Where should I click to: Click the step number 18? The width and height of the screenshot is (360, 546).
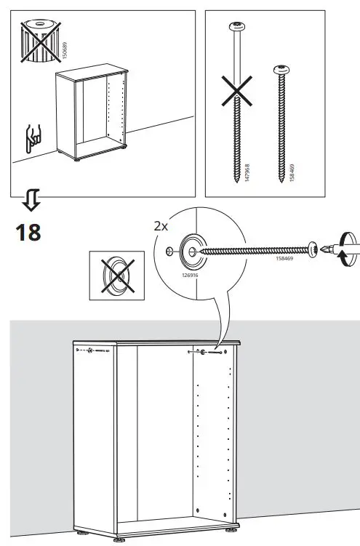coord(28,232)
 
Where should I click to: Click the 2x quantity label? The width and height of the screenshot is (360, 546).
coord(161,226)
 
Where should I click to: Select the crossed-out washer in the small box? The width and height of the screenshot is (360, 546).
coord(113,276)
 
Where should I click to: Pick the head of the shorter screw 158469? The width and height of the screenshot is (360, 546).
coord(281,71)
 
